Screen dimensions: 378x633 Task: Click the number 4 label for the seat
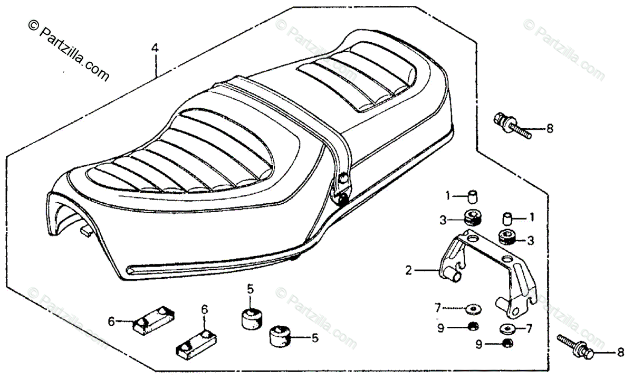155,49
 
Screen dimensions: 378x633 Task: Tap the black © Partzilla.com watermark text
69,51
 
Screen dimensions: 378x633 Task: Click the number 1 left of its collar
448,196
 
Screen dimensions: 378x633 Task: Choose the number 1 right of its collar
532,216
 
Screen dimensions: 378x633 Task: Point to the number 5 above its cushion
251,289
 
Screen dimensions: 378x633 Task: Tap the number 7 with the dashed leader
437,307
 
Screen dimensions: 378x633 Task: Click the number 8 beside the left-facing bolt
550,128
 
